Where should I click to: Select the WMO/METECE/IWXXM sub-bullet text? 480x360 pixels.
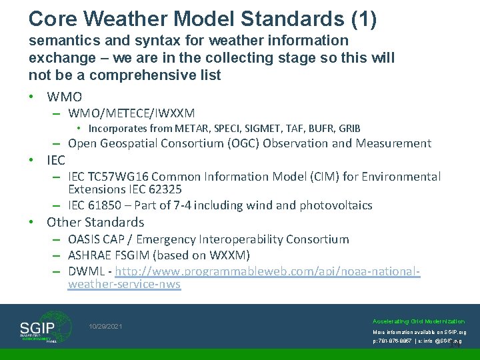click(131, 113)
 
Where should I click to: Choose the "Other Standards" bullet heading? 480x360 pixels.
click(95, 222)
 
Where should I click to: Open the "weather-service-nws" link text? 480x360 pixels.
click(124, 285)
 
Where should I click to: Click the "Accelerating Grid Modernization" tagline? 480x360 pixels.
click(419, 321)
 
